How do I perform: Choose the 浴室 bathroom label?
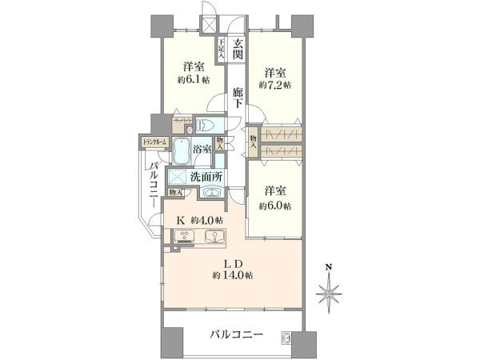pos(202,149)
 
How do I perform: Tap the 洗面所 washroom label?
pos(206,176)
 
